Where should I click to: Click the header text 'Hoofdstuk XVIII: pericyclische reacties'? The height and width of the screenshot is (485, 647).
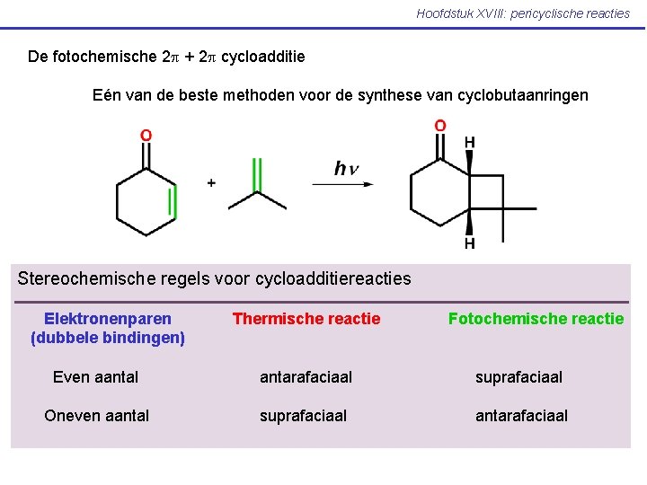523,13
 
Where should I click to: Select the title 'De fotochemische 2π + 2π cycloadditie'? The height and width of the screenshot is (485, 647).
166,57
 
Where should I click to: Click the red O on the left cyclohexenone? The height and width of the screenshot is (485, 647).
146,136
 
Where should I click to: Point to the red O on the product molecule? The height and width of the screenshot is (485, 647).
440,126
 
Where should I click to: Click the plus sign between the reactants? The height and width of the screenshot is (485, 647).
211,182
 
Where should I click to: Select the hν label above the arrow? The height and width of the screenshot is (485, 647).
346,168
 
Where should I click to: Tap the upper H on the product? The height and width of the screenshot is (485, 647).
469,143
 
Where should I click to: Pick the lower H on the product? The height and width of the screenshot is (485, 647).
469,243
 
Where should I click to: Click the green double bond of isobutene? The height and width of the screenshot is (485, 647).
256,174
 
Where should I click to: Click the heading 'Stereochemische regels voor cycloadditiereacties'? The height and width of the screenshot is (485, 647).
214,278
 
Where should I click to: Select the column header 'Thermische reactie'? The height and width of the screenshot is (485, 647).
306,319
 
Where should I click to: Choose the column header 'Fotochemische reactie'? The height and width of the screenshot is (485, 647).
536,319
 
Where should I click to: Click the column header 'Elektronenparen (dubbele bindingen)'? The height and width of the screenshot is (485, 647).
108,328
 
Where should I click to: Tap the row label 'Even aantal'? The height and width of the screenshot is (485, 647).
95,377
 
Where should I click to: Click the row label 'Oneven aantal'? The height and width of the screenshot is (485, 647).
97,415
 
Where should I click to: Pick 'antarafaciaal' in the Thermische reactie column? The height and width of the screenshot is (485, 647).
306,377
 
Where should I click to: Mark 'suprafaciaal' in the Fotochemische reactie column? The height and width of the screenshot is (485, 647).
518,377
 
